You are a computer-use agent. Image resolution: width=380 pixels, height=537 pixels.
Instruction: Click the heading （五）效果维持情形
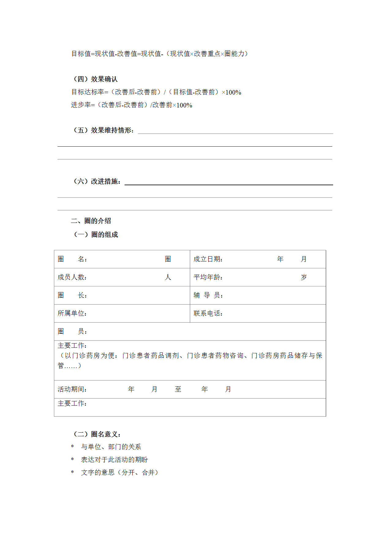point(103,130)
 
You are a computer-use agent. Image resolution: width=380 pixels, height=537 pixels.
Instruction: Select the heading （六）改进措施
point(97,181)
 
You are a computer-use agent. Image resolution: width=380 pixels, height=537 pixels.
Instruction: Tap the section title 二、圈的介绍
point(91,221)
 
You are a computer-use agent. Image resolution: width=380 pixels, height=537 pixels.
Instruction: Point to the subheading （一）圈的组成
point(96,235)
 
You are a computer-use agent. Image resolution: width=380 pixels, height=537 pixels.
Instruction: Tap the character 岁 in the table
point(303,277)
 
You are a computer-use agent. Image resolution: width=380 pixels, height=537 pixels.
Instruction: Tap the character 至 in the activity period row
point(178,389)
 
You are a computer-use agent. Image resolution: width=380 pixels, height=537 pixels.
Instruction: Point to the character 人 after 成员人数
point(168,277)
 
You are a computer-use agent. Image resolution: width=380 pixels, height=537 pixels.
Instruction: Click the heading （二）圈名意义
point(97,434)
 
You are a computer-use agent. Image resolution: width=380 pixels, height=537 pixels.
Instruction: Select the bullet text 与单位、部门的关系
point(111,447)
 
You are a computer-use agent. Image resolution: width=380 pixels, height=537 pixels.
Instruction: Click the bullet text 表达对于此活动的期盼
point(114,460)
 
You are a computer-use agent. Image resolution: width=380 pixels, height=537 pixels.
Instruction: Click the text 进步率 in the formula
point(81,105)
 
